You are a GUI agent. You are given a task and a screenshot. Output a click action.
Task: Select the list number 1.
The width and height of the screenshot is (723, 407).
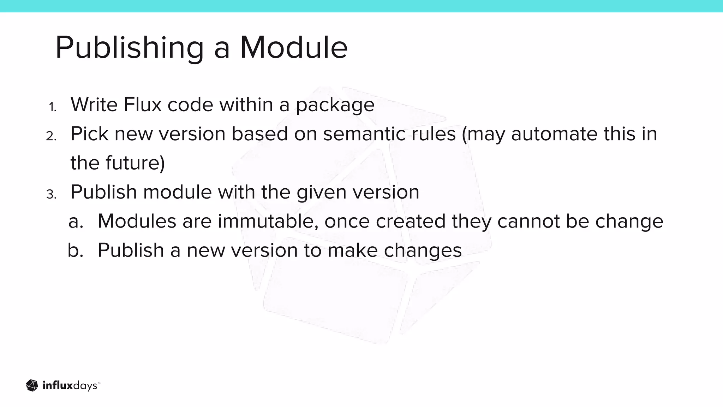(x=53, y=107)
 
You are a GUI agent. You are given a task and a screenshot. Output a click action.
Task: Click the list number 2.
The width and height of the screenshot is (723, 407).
(x=51, y=136)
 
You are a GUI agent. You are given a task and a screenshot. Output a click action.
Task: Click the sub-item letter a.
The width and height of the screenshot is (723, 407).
(x=76, y=222)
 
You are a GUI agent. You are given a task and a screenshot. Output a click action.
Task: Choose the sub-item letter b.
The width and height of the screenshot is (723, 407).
(x=76, y=250)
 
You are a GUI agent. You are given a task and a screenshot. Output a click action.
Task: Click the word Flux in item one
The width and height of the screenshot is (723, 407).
(x=142, y=105)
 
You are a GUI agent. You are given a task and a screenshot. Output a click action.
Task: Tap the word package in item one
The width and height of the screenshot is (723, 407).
(x=335, y=105)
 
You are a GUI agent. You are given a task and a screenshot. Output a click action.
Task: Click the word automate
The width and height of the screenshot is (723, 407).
(x=554, y=134)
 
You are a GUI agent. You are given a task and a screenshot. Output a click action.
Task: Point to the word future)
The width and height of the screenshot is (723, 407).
(x=135, y=163)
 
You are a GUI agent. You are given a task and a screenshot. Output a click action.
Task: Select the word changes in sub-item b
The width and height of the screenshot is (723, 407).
(x=423, y=251)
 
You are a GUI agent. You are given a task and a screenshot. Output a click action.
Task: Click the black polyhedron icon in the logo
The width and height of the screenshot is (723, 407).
(x=32, y=385)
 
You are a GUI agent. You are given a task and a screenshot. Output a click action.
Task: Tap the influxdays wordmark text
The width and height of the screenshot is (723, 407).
(x=71, y=385)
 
